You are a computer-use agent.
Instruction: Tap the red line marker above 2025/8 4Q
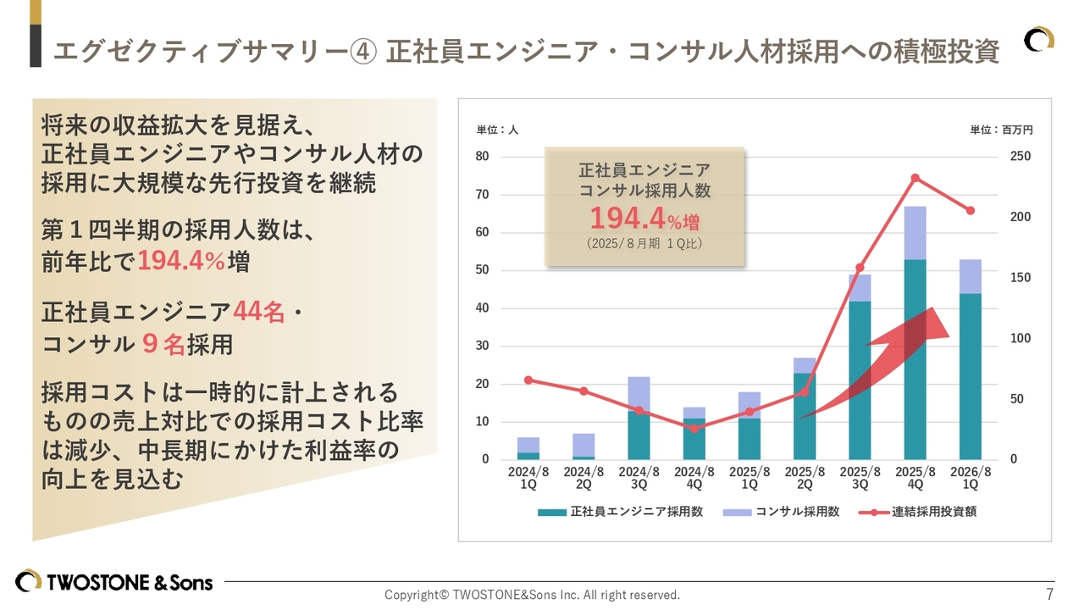[x=915, y=178]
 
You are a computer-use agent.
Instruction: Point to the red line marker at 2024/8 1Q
[x=528, y=380]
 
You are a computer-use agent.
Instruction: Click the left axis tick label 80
[x=482, y=156]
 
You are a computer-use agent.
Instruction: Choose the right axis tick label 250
[x=1020, y=156]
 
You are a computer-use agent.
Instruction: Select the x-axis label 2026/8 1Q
[x=970, y=478]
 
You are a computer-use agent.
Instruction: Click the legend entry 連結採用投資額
[x=922, y=512]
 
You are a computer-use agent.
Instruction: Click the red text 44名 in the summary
[x=259, y=313]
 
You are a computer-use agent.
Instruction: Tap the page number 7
[x=1050, y=593]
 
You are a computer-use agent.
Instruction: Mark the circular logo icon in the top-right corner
[x=1039, y=40]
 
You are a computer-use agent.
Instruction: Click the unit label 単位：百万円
[x=1001, y=130]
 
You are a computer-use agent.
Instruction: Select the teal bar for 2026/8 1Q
[x=970, y=376]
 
